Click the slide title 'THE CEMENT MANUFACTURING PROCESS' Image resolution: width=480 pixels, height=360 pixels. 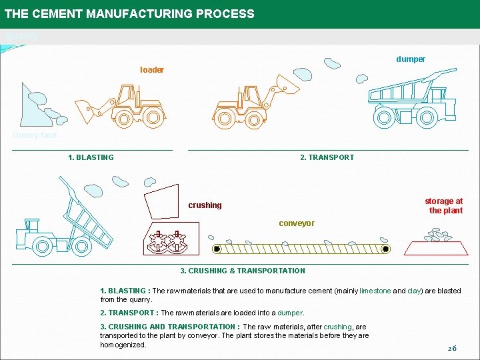pyautogui.click(x=129, y=14)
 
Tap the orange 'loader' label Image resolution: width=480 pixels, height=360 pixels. pyautogui.click(x=152, y=70)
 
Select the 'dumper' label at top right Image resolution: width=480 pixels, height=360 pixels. pyautogui.click(x=411, y=59)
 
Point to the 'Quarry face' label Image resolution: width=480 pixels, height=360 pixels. pyautogui.click(x=35, y=135)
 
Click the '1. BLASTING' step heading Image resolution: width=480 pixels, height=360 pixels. pyautogui.click(x=91, y=157)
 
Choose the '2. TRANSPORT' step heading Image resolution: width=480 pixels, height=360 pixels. pyautogui.click(x=327, y=157)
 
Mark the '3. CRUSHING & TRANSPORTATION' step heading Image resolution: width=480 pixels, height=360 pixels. pyautogui.click(x=243, y=271)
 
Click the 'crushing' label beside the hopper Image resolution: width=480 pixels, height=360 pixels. pyautogui.click(x=205, y=205)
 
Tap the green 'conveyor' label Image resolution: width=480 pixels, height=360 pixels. pyautogui.click(x=297, y=223)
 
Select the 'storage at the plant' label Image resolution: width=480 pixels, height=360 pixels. pyautogui.click(x=444, y=205)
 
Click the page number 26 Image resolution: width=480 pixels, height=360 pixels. pyautogui.click(x=451, y=349)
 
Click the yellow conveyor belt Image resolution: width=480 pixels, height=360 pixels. pyautogui.click(x=300, y=249)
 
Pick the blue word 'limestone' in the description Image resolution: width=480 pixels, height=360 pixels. pyautogui.click(x=375, y=291)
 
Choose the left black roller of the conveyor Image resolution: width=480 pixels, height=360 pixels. pyautogui.click(x=217, y=249)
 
